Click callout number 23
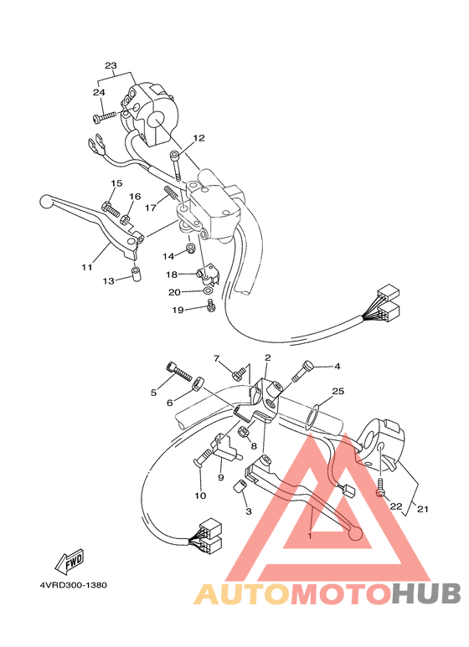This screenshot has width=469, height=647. tap(111, 65)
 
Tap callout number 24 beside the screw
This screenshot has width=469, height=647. tap(99, 92)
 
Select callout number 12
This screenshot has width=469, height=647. tap(198, 138)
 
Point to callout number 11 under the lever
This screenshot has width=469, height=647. tap(86, 268)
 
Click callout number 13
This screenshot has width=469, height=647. tap(108, 282)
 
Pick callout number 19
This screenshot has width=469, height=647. tap(178, 311)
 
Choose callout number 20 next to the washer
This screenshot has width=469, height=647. tap(174, 292)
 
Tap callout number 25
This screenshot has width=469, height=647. tap(338, 391)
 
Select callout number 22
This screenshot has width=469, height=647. tap(396, 506)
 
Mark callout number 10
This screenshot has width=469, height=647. tap(200, 496)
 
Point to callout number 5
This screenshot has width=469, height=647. tap(154, 392)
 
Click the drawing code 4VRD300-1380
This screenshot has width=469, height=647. tap(72, 586)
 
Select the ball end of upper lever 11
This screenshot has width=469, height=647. tap(46, 202)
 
